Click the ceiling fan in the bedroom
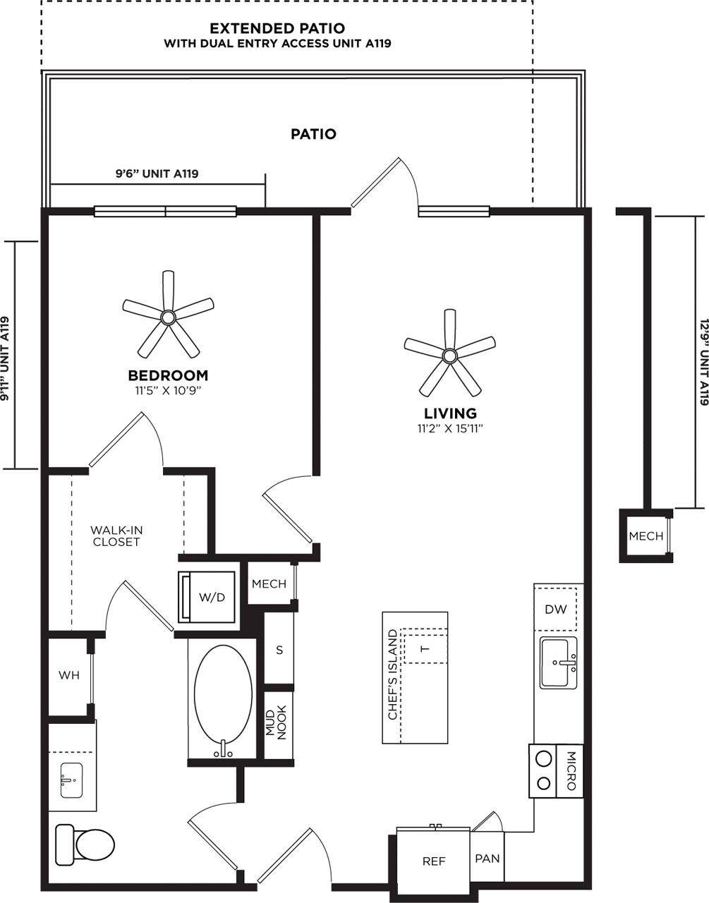pyautogui.click(x=168, y=317)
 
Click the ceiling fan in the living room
pyautogui.click(x=450, y=356)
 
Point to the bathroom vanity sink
pyautogui.click(x=71, y=780)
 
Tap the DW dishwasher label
pyautogui.click(x=556, y=610)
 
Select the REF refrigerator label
pyautogui.click(x=434, y=861)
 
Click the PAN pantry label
pyautogui.click(x=487, y=858)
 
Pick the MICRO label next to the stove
pyautogui.click(x=571, y=770)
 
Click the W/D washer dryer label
pyautogui.click(x=212, y=597)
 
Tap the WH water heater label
pyautogui.click(x=69, y=675)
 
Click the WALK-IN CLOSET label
pyautogui.click(x=116, y=535)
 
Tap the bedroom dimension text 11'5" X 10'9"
pyautogui.click(x=168, y=391)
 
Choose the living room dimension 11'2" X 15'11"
pyautogui.click(x=450, y=429)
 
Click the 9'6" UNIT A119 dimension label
pyautogui.click(x=157, y=174)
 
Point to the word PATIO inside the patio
pyautogui.click(x=313, y=134)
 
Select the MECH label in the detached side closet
pyautogui.click(x=646, y=536)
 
